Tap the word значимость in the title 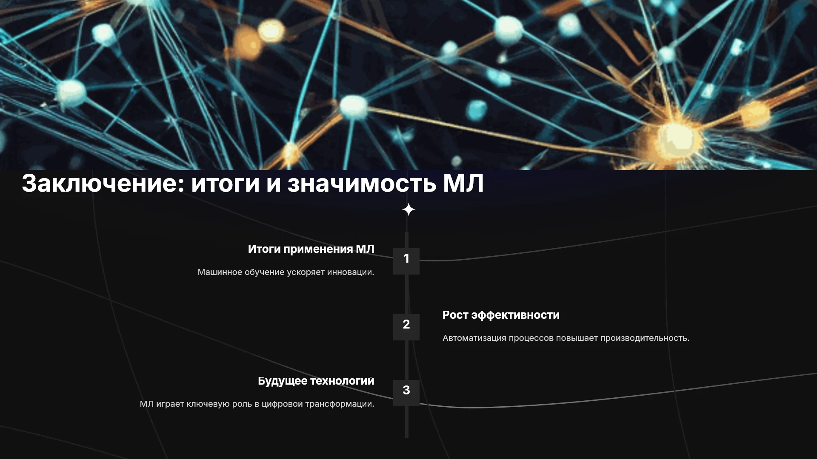(362, 184)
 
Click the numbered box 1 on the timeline (406, 261)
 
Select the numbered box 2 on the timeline (406, 327)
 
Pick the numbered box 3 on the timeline (406, 393)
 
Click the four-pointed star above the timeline (408, 210)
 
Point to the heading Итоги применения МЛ (311, 249)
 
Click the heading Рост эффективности (501, 315)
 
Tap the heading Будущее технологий (316, 381)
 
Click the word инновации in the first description (351, 272)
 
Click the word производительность (645, 338)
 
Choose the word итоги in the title (226, 184)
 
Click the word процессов (531, 338)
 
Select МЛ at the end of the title (463, 184)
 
